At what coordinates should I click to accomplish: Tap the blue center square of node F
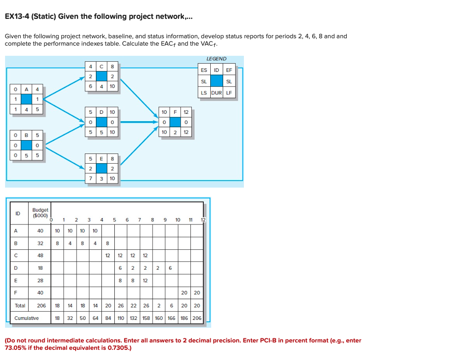point(176,122)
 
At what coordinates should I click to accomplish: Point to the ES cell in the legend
point(204,70)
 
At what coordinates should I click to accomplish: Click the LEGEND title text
point(216,59)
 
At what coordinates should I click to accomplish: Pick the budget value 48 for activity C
point(40,254)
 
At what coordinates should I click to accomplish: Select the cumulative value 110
point(121,318)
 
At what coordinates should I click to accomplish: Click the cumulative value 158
point(146,318)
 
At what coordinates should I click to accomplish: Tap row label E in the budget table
point(17,280)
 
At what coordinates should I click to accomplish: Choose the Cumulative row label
point(27,318)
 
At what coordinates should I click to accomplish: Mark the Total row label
point(20,306)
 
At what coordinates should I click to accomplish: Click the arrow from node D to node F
point(138,122)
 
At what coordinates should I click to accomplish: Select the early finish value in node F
point(186,112)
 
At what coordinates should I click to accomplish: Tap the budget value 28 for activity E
point(40,280)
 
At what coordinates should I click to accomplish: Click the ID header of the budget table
point(18,213)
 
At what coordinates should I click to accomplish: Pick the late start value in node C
point(91,86)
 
